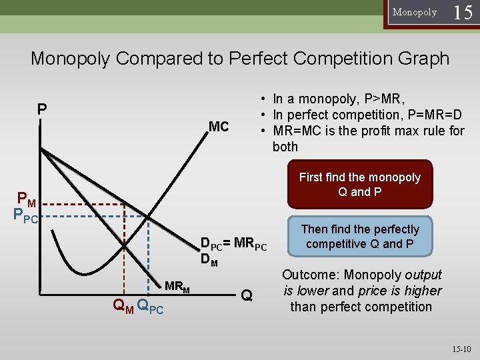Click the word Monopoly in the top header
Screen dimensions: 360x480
[x=415, y=13]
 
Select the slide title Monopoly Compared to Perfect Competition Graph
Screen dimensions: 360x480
[x=240, y=58]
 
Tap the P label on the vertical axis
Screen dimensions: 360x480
[x=42, y=109]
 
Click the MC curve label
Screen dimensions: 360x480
[x=219, y=127]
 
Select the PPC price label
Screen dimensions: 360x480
[x=25, y=215]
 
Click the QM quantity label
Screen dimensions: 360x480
[x=123, y=306]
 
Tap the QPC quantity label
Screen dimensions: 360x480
[x=150, y=306]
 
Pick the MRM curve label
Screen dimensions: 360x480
[x=177, y=287]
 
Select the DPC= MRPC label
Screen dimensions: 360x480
[x=233, y=245]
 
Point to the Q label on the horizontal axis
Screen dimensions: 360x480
[x=247, y=294]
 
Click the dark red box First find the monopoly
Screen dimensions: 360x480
[x=359, y=185]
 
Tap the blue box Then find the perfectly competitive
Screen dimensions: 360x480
[x=359, y=237]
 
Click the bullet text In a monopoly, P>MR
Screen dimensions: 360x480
[x=337, y=99]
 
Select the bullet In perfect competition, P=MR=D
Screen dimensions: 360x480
[x=363, y=115]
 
